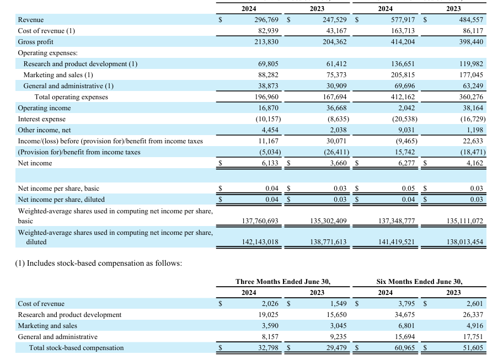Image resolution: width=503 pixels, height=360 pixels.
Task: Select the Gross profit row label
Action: point(36,42)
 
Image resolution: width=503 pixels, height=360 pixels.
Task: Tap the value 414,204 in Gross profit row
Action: point(403,42)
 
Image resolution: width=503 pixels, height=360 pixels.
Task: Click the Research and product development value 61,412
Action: point(335,64)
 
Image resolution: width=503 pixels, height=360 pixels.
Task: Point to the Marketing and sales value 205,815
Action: point(403,75)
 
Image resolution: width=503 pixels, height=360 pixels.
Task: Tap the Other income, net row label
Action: point(44,130)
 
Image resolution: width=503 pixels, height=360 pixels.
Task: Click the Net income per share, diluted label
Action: point(61,200)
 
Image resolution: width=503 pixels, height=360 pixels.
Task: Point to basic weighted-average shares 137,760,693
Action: point(260,221)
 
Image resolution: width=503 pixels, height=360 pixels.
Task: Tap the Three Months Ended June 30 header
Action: point(283,282)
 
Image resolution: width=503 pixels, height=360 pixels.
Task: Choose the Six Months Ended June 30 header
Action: point(419,282)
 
